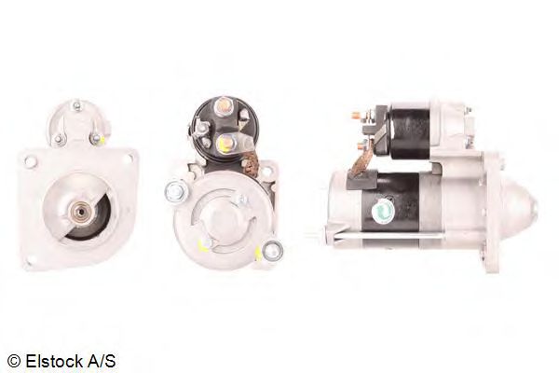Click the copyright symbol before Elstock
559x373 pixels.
tap(14, 362)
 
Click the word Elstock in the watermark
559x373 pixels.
tap(53, 361)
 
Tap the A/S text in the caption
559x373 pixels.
tap(102, 361)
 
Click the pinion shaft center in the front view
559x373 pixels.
tap(81, 212)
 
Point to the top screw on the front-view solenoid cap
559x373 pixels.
tap(76, 105)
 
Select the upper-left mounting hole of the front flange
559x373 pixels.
tap(31, 161)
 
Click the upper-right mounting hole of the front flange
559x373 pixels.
tap(130, 159)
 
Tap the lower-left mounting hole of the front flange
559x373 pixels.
tap(29, 263)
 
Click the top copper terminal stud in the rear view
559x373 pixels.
tap(224, 104)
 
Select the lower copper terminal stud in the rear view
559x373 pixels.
tap(225, 143)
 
